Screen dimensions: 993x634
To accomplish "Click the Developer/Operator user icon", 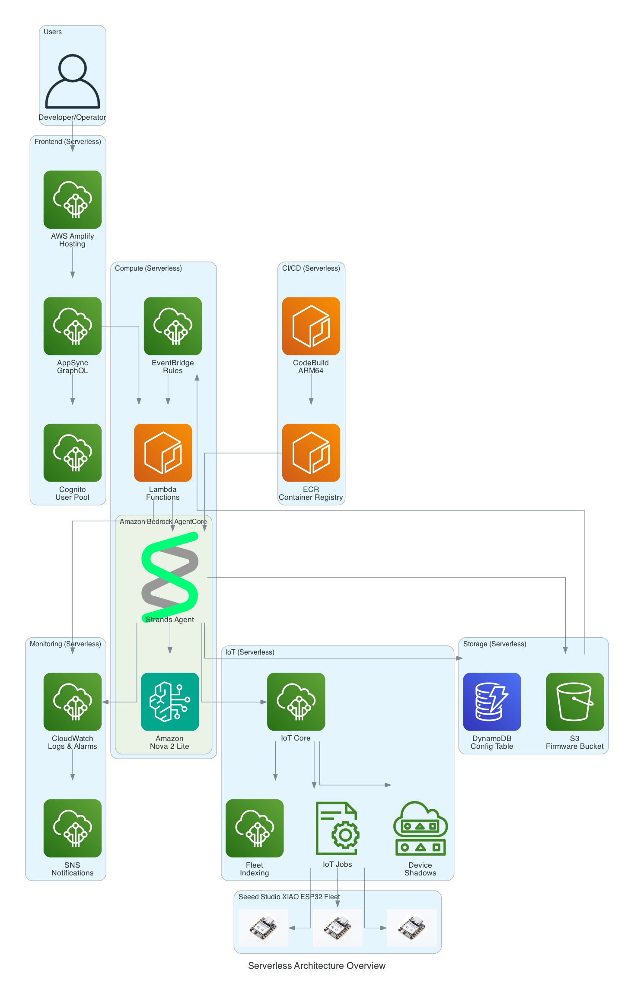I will tap(73, 81).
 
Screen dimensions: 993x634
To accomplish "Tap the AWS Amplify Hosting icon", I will tap(73, 199).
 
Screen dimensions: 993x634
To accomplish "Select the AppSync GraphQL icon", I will tap(73, 326).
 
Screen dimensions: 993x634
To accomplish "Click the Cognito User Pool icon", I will tap(73, 453).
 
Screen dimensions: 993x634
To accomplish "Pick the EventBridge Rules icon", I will tap(172, 326).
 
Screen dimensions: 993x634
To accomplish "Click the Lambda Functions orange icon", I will tap(163, 453).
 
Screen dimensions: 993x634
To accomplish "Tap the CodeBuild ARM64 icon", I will tap(311, 326).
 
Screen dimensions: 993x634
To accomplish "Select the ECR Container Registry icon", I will tap(311, 453).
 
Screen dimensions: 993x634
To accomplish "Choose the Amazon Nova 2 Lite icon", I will tap(170, 702).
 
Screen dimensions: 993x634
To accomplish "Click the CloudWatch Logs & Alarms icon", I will tap(73, 702).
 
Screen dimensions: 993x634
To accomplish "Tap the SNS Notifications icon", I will tap(73, 828).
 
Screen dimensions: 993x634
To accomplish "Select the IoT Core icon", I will tap(296, 702).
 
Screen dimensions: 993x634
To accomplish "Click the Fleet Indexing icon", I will tap(255, 828).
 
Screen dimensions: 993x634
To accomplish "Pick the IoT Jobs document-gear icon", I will tap(338, 828).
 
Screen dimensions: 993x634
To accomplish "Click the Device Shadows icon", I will tap(420, 828).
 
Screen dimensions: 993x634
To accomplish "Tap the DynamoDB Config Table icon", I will tap(492, 702).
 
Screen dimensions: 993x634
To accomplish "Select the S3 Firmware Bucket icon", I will tap(575, 702).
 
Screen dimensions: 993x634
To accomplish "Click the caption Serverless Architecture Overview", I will tap(316, 966).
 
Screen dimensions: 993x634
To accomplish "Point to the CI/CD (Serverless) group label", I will tap(311, 268).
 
